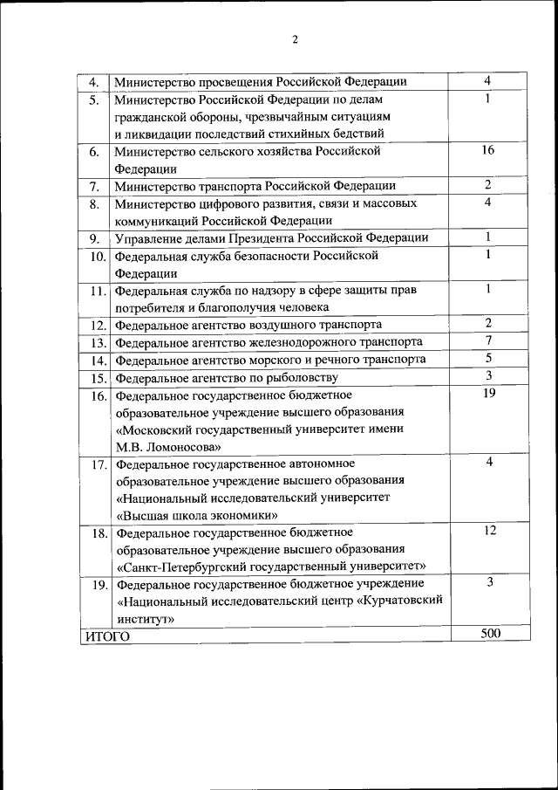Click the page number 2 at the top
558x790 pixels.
coord(295,39)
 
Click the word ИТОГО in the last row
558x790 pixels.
coord(107,636)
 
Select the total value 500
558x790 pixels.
coord(490,634)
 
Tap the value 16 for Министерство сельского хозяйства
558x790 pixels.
coord(488,150)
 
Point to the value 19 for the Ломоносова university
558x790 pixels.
coord(488,393)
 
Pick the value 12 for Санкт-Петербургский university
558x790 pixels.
coord(489,530)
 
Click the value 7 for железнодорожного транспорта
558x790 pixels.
coord(489,340)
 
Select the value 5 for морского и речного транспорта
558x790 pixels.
coord(489,358)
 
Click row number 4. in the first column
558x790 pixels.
coord(95,83)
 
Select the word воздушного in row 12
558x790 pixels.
coord(266,324)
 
